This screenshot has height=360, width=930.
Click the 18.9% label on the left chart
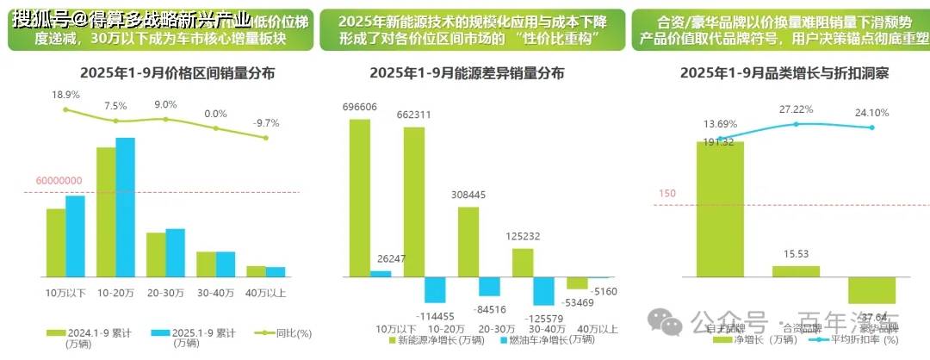(x=65, y=95)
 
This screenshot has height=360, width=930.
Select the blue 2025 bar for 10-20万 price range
(x=126, y=207)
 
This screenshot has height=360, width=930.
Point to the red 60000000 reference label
(x=59, y=181)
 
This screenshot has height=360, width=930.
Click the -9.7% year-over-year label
(x=265, y=123)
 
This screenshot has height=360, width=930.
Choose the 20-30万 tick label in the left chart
(x=164, y=293)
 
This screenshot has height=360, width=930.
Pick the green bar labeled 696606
(x=359, y=198)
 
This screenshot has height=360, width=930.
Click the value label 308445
(x=468, y=196)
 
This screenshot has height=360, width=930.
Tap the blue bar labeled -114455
(x=435, y=289)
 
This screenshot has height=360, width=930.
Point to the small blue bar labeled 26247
(x=381, y=274)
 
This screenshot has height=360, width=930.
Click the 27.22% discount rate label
(x=797, y=110)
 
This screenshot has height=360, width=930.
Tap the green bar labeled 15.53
(x=796, y=271)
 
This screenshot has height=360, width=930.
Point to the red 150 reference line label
(x=666, y=194)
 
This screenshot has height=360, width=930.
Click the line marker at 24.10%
(x=872, y=127)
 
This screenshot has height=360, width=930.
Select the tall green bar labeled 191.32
(x=720, y=211)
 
